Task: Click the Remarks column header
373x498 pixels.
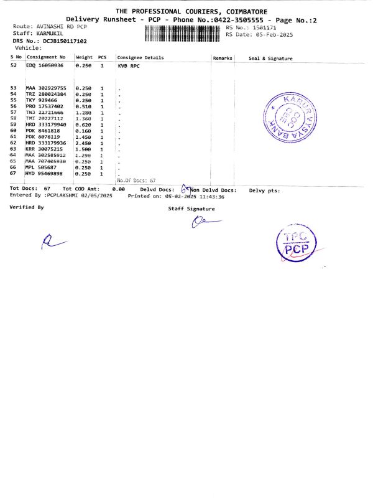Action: point(222,57)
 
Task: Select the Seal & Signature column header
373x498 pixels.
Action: point(270,58)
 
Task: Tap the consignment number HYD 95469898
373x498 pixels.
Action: point(44,174)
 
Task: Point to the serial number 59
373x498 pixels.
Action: point(13,125)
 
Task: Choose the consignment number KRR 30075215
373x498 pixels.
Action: point(44,149)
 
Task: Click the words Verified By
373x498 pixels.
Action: point(27,207)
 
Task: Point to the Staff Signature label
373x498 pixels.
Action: point(191,209)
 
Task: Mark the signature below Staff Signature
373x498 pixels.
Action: point(201,222)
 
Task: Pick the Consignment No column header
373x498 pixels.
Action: point(45,57)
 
